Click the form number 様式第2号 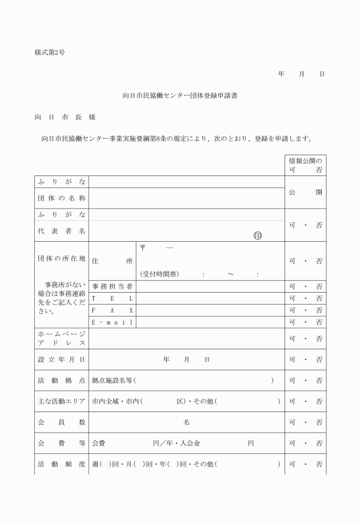(x=50, y=53)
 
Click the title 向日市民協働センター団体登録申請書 (x=180, y=95)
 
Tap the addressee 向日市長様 (x=65, y=117)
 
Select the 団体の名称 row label (x=60, y=198)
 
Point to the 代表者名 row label (x=60, y=231)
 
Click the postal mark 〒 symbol (x=143, y=248)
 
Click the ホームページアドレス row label (x=60, y=338)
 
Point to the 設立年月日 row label (x=60, y=360)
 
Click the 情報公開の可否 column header (x=306, y=165)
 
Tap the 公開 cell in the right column (x=306, y=192)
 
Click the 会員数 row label (x=60, y=422)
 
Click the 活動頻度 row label (x=60, y=464)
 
